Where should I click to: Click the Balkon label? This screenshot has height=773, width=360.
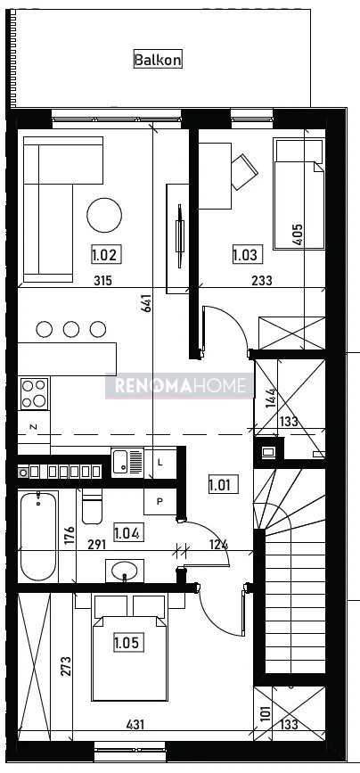pos(158,60)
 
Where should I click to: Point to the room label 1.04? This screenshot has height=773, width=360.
pos(128,533)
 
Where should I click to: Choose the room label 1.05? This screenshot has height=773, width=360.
pos(129,643)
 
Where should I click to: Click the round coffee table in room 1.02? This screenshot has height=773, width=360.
pos(104,216)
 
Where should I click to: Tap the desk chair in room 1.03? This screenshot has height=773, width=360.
pos(244,171)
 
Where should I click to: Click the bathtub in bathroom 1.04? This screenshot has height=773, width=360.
pos(38,537)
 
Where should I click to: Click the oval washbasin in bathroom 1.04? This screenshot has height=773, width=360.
pos(125,571)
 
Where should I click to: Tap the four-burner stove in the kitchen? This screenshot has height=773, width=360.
pos(35,393)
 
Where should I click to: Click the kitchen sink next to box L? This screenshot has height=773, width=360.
pos(127,463)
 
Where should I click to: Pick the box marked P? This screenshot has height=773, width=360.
pos(160,501)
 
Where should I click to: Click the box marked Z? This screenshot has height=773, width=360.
pos(34,427)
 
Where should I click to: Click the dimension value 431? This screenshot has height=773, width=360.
pos(136,724)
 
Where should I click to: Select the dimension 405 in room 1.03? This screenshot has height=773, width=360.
pos(298,234)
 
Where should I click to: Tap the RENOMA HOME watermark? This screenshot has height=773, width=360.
pos(180,386)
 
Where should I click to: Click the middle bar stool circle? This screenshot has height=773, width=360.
pos(71,329)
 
